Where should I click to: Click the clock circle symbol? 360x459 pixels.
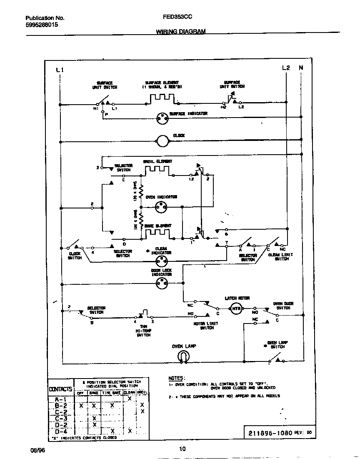click(162, 142)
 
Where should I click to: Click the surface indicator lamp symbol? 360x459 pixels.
click(162, 119)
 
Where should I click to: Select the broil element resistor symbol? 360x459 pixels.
click(157, 171)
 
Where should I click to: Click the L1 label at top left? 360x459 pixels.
click(59, 70)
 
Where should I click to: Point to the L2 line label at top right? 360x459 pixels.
click(286, 68)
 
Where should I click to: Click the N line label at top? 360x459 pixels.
click(301, 68)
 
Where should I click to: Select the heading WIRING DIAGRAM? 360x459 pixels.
click(180, 32)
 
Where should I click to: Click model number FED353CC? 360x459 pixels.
click(175, 18)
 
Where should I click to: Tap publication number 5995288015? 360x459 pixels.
click(42, 25)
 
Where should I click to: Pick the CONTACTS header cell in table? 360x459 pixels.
click(61, 389)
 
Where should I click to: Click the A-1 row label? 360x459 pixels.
click(61, 399)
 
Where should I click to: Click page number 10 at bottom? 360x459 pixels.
click(182, 449)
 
